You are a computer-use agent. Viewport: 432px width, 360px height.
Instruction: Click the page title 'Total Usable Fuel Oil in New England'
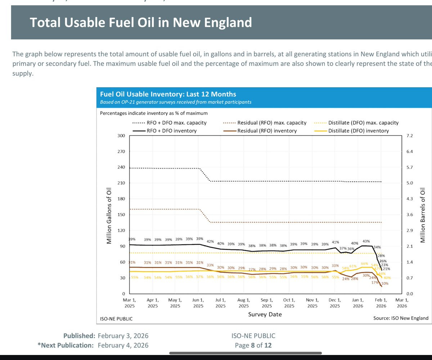pos(141,23)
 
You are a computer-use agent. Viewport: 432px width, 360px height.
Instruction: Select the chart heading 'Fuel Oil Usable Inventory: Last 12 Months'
pos(168,94)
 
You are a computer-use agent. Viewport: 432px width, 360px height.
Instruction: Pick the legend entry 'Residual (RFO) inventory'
pos(267,131)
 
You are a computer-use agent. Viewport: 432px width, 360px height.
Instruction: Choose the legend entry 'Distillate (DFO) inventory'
pos(359,131)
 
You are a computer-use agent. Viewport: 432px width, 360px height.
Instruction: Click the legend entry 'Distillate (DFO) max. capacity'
pos(363,123)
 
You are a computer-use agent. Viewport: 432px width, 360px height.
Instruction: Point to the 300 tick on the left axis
pos(121,136)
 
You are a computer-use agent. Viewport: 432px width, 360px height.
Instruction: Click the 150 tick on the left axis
pos(121,215)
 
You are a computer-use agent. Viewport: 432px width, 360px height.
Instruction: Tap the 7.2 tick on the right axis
pos(409,136)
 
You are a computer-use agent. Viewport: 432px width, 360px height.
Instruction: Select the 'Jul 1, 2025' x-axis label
pos(221,303)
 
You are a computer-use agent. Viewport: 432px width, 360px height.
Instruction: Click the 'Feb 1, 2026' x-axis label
pos(381,303)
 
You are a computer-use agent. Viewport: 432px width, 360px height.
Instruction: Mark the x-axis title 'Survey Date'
pos(265,315)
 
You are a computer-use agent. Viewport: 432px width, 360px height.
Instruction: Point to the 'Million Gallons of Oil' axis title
pos(109,215)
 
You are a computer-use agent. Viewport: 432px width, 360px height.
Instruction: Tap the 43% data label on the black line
pos(366,241)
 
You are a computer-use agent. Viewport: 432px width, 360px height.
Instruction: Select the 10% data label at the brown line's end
pos(384,284)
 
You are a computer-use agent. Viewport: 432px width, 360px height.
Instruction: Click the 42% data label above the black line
pos(211,241)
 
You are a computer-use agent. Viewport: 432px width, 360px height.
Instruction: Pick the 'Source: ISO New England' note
pos(401,318)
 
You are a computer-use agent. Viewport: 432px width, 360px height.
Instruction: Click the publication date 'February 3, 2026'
pos(123,336)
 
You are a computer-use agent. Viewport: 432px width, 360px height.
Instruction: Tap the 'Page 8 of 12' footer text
pos(253,345)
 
